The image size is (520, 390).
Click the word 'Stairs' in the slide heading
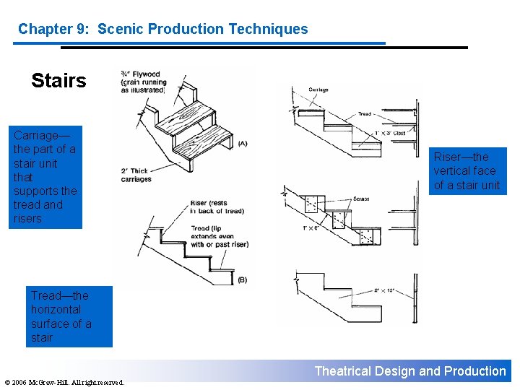58,80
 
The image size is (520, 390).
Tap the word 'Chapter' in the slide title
45,30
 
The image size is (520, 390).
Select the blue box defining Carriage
45,177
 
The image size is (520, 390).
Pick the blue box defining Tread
69,316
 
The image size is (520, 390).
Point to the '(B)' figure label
242,279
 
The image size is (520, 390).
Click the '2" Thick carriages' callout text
136,175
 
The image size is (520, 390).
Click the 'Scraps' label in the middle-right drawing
362,199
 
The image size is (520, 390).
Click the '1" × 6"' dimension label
312,228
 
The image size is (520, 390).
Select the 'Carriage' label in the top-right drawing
318,90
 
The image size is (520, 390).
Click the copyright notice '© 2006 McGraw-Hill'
64,382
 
